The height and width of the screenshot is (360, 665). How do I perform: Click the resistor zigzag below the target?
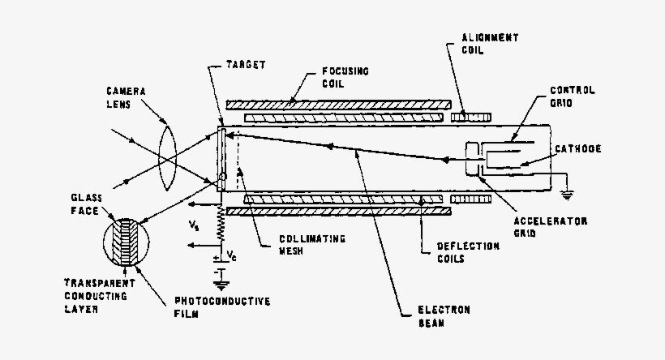pyautogui.click(x=220, y=224)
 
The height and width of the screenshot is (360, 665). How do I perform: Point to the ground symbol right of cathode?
pyautogui.click(x=566, y=191)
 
